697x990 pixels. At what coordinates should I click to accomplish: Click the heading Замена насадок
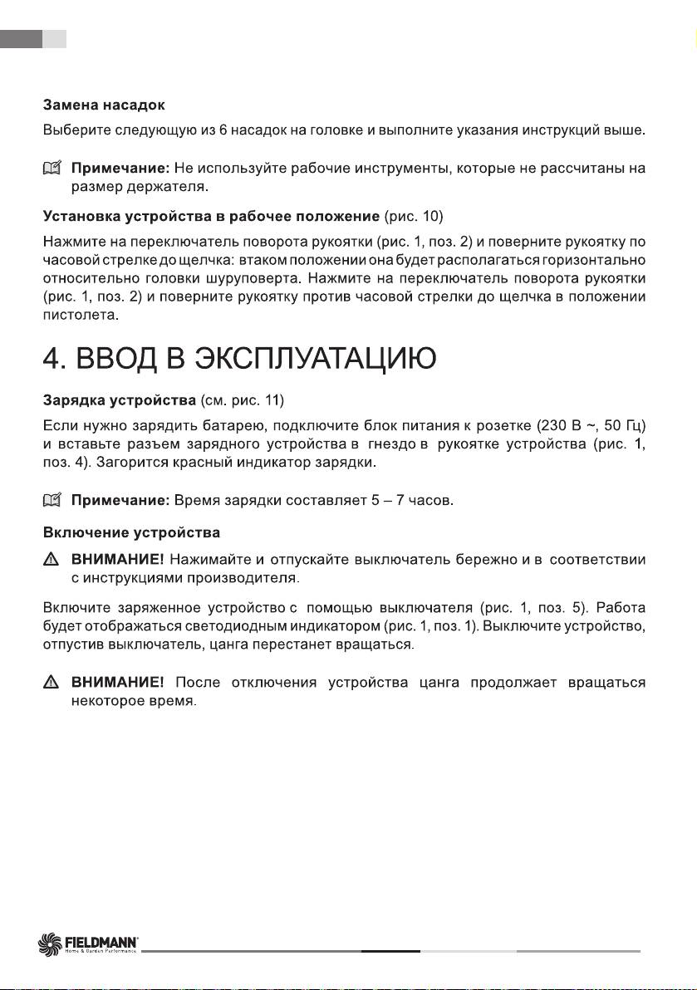tap(104, 105)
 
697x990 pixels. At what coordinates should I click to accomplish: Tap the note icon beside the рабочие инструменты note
tap(53, 169)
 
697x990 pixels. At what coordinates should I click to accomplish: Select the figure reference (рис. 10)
tap(414, 218)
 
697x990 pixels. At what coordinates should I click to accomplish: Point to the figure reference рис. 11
tap(258, 402)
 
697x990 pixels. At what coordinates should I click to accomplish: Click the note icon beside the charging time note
tap(53, 501)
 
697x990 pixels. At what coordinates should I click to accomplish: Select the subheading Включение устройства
tap(131, 531)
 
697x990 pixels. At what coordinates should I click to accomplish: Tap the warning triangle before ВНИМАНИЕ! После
tap(52, 684)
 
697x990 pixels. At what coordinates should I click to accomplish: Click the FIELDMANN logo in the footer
tap(90, 944)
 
